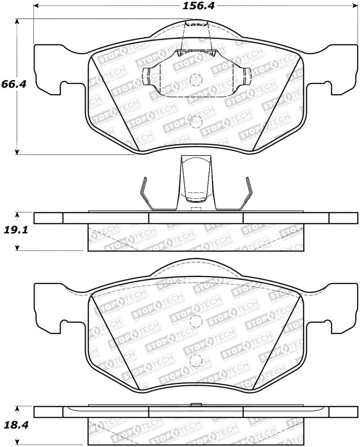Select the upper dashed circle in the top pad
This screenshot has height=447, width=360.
point(195,80)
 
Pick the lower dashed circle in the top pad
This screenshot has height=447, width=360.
point(195,121)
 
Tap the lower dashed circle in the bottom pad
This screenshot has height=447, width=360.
point(195,360)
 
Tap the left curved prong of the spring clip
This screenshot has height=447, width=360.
point(146,194)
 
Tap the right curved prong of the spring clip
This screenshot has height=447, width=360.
point(245,194)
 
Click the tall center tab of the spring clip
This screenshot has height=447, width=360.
point(195,180)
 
